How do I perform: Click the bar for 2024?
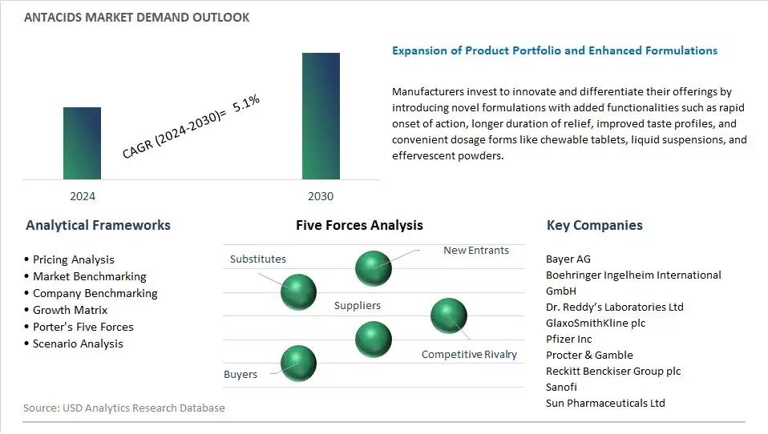82,143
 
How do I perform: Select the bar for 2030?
321,116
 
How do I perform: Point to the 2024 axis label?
83,196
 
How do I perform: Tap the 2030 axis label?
321,196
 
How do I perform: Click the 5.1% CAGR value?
246,102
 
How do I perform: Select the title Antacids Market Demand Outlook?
136,18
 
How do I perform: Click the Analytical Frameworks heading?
98,225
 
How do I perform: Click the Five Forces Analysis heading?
359,225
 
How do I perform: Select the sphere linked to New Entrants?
374,268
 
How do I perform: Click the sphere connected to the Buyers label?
298,363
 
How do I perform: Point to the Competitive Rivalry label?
469,354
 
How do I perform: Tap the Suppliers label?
358,305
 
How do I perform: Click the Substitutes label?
258,259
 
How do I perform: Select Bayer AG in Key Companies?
568,259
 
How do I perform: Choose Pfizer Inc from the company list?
568,339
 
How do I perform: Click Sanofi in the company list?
561,387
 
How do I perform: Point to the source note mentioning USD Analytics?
124,408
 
